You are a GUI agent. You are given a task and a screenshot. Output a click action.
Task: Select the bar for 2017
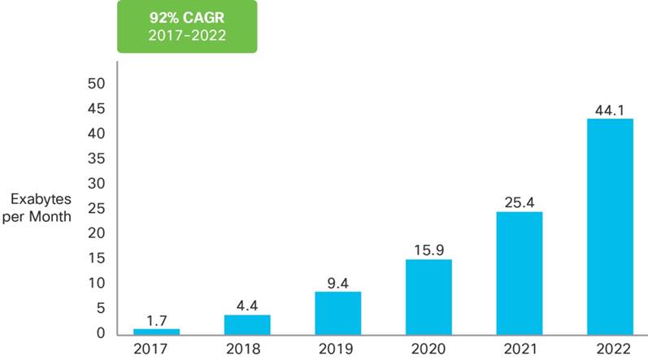pos(157,331)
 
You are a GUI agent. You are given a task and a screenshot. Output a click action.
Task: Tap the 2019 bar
pos(338,312)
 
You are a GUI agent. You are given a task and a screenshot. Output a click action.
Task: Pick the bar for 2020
pos(428,296)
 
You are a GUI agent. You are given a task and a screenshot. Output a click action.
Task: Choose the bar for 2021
pos(520,272)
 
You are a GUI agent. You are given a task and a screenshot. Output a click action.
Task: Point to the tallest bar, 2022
pos(610,226)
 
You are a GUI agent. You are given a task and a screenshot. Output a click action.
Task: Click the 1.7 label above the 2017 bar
pos(157,319)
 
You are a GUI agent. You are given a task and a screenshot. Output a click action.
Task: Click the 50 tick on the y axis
pos(97,84)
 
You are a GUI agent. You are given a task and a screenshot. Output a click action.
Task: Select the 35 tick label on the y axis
pos(97,158)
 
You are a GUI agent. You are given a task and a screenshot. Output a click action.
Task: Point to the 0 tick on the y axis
pos(102,333)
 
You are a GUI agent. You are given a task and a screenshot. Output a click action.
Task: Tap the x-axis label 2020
pos(428,350)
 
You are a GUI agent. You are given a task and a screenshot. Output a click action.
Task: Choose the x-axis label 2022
pos(610,350)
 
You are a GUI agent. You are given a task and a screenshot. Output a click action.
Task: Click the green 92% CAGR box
pos(187,26)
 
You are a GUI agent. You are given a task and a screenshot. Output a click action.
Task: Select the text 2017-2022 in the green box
pos(187,36)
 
